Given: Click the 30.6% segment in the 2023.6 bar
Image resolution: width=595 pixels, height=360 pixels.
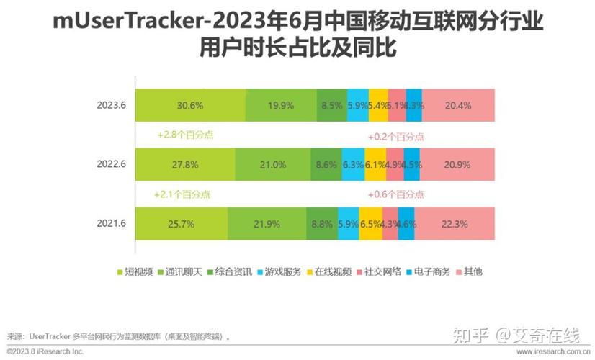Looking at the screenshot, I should [190, 105].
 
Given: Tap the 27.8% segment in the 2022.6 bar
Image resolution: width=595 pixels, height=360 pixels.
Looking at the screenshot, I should [185, 165].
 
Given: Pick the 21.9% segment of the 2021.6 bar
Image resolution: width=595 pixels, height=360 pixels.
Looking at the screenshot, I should [267, 224].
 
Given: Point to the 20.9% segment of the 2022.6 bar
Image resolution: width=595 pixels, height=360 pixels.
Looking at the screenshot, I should [458, 165].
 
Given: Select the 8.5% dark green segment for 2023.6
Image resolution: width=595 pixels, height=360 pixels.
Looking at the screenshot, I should [332, 105].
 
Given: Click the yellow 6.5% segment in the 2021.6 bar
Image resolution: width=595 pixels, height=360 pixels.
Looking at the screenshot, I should [370, 224].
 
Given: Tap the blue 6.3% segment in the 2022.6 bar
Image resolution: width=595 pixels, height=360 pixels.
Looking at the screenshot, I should [352, 165].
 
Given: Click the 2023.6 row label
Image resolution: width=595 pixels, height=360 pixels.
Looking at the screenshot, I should [112, 105].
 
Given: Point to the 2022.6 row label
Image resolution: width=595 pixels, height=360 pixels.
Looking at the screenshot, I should [112, 165].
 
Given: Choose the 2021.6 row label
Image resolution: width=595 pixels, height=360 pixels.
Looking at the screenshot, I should [112, 224].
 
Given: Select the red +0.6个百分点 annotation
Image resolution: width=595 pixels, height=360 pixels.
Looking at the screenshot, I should [395, 194].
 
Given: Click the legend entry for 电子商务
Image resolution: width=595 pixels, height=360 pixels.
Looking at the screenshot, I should [430, 271].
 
